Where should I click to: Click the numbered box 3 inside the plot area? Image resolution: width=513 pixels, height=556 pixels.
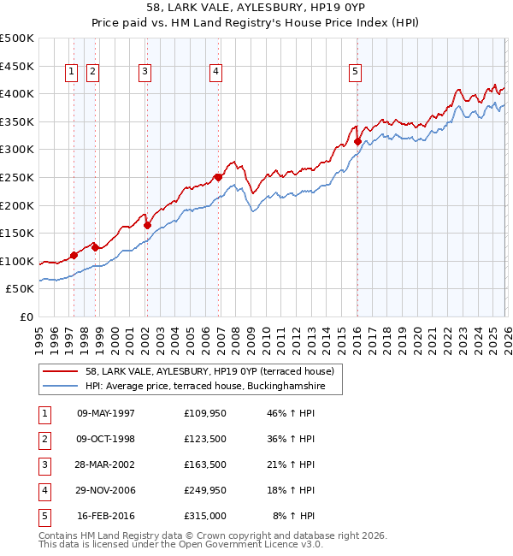[146, 73]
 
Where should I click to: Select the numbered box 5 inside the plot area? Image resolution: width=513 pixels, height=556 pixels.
[354, 73]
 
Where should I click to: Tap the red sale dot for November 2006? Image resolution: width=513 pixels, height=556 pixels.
[218, 177]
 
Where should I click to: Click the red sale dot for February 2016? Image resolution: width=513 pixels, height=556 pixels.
[357, 142]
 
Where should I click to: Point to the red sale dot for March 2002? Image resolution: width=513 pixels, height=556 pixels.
[147, 226]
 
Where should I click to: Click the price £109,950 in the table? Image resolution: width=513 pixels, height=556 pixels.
[204, 413]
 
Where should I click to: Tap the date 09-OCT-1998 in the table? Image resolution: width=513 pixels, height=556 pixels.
[106, 439]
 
